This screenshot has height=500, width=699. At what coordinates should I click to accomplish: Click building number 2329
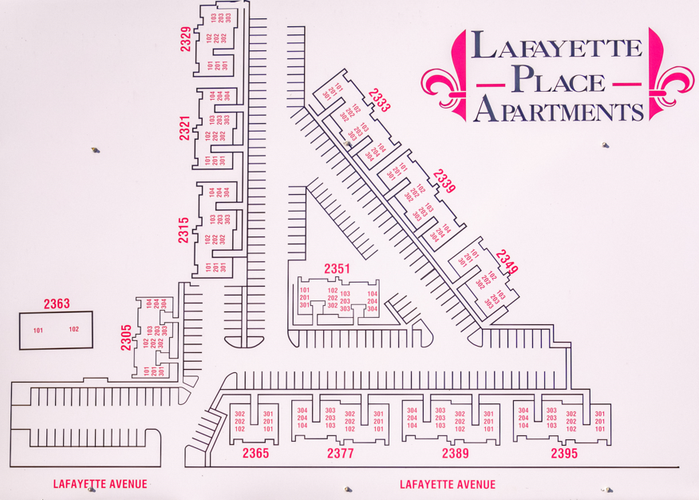(185, 39)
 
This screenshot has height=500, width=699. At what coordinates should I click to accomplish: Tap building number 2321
(184, 129)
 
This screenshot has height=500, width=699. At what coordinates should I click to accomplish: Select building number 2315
(184, 230)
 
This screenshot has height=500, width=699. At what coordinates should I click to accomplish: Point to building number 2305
(126, 338)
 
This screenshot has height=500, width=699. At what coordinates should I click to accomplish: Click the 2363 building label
(57, 304)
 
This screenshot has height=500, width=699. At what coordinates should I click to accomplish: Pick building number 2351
(337, 269)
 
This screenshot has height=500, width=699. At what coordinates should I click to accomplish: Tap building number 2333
(380, 101)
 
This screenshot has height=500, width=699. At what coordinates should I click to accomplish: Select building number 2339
(444, 181)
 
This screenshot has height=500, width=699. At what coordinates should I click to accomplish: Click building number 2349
(507, 262)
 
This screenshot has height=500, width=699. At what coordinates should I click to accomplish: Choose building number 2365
(255, 454)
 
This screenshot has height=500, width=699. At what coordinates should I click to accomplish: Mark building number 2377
(341, 454)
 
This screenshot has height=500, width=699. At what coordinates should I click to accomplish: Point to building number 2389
(456, 454)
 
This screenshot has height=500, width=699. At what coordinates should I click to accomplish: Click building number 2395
(564, 454)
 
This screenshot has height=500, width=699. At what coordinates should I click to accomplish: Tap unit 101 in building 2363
(38, 330)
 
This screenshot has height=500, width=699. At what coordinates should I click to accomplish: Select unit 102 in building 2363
(73, 329)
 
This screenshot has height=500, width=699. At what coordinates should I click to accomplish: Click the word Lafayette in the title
(556, 46)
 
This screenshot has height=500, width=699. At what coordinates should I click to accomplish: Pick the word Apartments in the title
(558, 109)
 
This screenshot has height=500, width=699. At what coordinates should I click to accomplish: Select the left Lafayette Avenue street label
(101, 484)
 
